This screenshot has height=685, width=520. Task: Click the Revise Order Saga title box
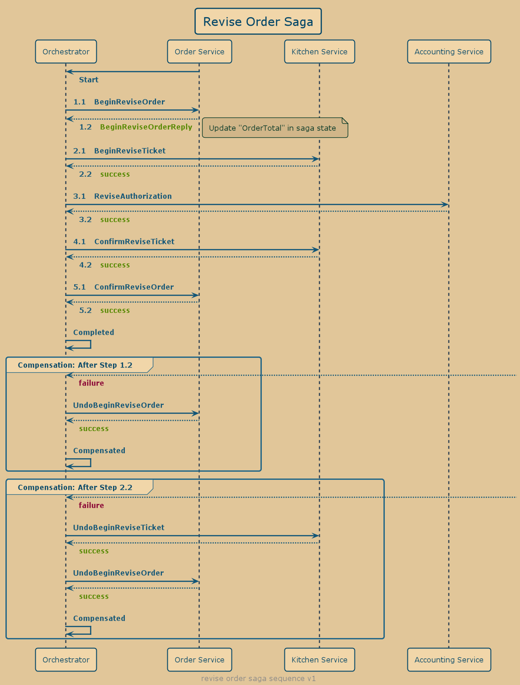click(258, 21)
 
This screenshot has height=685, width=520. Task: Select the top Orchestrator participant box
click(66, 52)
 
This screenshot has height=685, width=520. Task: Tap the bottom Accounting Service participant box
click(449, 660)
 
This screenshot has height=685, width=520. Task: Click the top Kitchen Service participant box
click(319, 52)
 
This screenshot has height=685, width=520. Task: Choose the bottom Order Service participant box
click(199, 660)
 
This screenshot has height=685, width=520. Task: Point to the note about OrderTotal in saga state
click(274, 128)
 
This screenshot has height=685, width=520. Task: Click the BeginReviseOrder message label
click(129, 102)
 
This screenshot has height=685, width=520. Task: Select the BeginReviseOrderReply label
click(146, 127)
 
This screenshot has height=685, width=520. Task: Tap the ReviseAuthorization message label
click(133, 196)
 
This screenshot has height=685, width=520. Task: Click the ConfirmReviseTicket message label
click(134, 242)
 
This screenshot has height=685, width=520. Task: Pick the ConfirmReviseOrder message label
click(134, 287)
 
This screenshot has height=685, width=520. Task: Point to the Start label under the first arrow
click(89, 80)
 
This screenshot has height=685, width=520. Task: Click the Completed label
click(94, 333)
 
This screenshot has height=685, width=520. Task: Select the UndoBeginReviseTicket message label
click(118, 528)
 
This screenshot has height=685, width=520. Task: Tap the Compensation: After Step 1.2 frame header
click(75, 365)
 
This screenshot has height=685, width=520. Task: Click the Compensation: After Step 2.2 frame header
click(75, 488)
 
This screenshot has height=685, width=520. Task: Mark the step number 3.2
click(85, 220)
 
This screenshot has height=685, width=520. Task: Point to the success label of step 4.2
click(115, 265)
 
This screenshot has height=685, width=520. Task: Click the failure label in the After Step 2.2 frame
click(91, 506)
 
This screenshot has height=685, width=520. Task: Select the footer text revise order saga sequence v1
click(259, 679)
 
